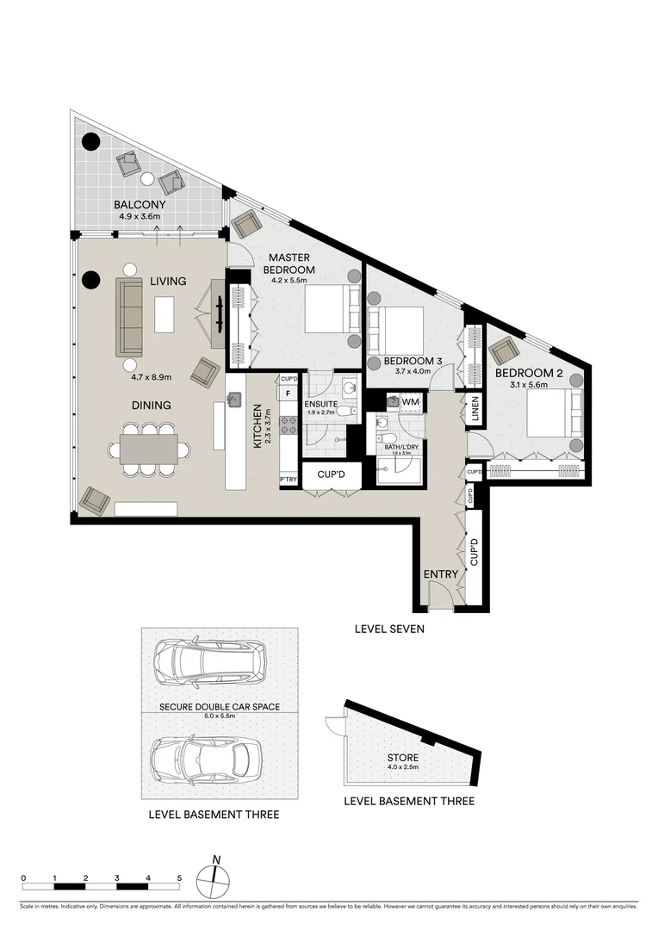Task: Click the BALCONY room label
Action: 139,205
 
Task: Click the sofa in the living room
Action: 129,317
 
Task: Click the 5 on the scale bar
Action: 179,878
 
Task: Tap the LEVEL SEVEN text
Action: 389,629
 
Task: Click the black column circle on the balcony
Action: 90,143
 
